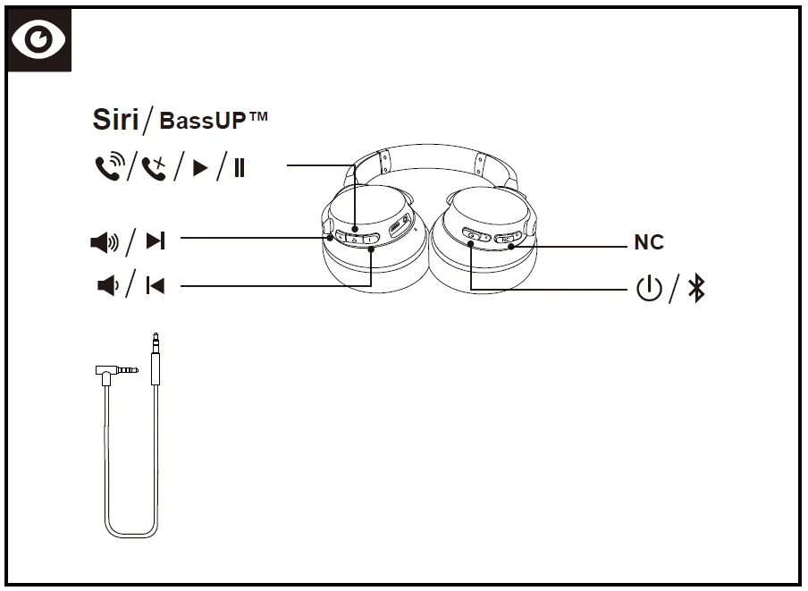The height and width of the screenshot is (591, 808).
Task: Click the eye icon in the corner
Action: (38, 40)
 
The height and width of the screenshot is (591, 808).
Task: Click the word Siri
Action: (115, 120)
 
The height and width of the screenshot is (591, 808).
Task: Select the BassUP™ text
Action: (214, 120)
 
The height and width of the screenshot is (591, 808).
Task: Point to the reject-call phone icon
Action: (154, 166)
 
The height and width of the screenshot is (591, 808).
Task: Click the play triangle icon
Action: (200, 167)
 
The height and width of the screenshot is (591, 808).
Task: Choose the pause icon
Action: (239, 167)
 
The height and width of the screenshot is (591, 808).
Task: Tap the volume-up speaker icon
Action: (105, 240)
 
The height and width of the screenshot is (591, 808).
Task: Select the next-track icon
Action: (156, 240)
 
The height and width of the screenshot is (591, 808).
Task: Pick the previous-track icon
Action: (156, 286)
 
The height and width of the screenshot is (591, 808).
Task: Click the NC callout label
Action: (649, 242)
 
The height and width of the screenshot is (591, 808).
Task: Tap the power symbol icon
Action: (649, 289)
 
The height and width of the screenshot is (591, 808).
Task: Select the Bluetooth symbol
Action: (696, 289)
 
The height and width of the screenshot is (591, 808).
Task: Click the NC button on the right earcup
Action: (507, 239)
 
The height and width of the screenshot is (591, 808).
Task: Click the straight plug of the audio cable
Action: (156, 358)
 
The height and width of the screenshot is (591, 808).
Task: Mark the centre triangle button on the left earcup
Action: (354, 239)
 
